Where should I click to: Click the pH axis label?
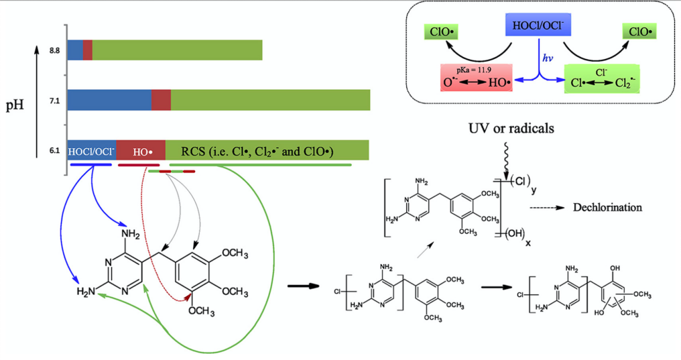pos(14,105)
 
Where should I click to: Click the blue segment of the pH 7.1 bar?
pos(109,100)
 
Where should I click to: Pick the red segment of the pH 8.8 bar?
pos(88,50)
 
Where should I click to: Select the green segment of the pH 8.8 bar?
pos(177,50)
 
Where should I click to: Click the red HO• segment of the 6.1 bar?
pos(141,151)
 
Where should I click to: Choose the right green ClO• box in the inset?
pos(640,31)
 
